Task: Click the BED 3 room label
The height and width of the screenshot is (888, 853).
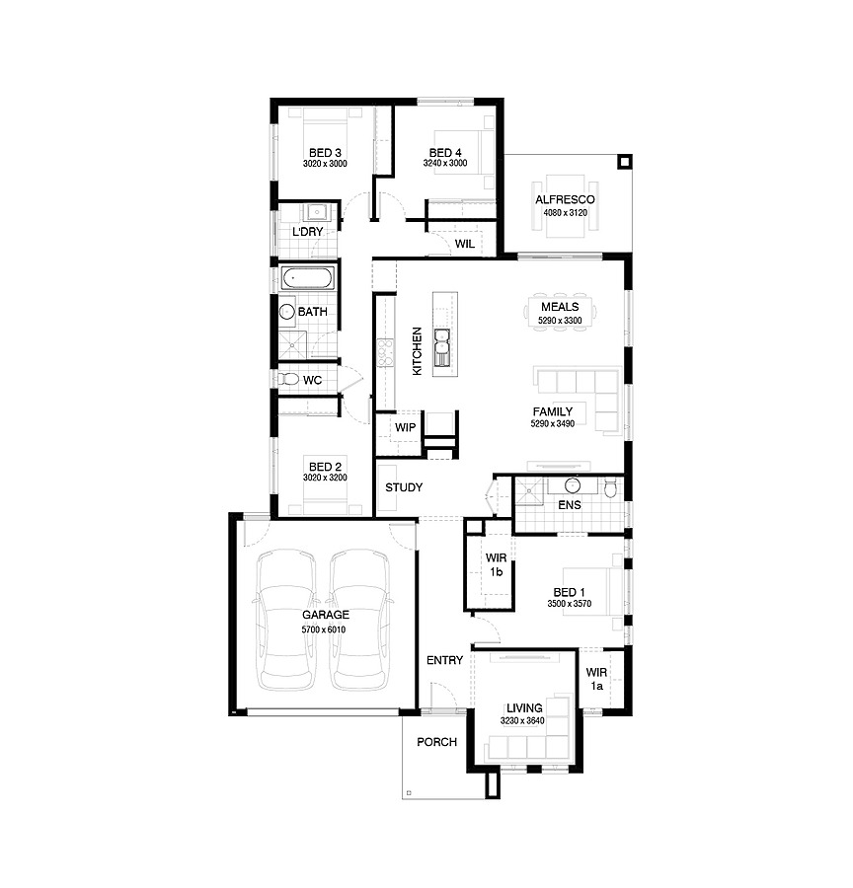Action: tap(325, 153)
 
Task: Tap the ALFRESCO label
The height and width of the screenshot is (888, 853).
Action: tap(565, 199)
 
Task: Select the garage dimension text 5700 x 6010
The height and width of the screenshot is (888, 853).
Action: tap(323, 629)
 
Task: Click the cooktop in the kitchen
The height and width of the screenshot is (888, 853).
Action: tap(385, 352)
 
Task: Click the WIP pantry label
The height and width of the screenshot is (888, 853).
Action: tap(405, 427)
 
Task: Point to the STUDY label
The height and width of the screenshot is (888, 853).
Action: tap(404, 487)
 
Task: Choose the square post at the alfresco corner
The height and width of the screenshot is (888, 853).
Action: tap(624, 163)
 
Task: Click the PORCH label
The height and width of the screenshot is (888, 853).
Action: tap(436, 742)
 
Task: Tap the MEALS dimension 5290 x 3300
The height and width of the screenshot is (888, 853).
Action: tap(560, 321)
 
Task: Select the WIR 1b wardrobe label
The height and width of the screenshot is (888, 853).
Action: tap(496, 564)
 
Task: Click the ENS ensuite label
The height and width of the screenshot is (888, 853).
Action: tap(570, 504)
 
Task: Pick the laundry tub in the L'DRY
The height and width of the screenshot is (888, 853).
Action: tap(316, 212)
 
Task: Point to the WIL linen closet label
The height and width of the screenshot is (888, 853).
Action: tap(465, 244)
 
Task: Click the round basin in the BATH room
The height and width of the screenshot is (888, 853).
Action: tap(286, 312)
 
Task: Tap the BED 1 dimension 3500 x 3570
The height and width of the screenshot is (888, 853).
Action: tap(569, 604)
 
